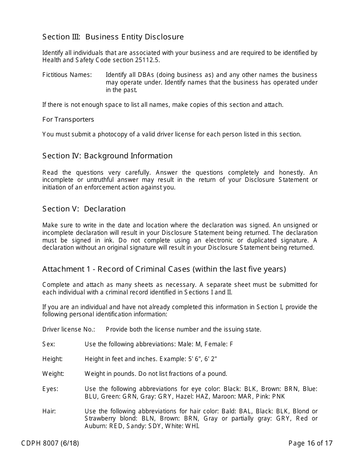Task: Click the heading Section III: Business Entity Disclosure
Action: click(x=113, y=37)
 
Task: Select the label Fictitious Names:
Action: click(x=67, y=75)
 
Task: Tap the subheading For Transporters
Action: click(x=68, y=119)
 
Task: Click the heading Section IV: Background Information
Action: click(x=107, y=156)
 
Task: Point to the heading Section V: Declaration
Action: click(x=84, y=209)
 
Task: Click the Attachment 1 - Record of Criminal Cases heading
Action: click(x=164, y=269)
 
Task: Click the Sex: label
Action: click(x=49, y=344)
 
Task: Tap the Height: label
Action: click(x=52, y=359)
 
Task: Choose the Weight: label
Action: click(x=53, y=374)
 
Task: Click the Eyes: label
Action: click(x=50, y=389)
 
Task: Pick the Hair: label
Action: click(x=49, y=411)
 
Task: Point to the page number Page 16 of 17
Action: click(x=310, y=443)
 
